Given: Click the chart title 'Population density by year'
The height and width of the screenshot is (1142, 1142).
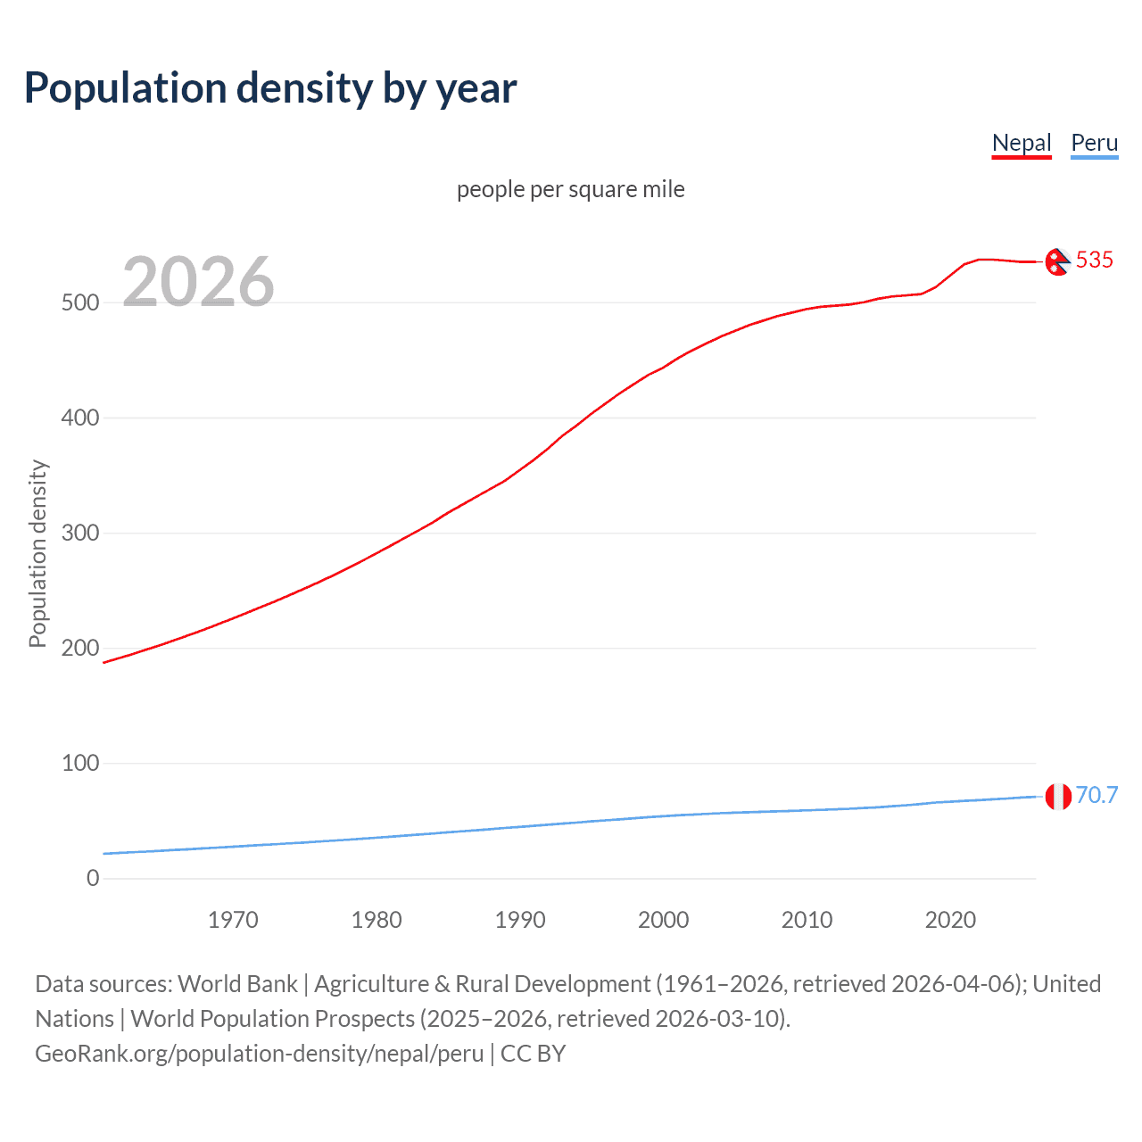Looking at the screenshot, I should click(270, 88).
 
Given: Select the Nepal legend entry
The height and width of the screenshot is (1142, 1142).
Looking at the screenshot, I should click(1022, 143).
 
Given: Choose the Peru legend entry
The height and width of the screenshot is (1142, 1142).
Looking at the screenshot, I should click(1094, 143).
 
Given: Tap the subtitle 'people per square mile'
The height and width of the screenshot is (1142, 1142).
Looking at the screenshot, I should click(570, 189).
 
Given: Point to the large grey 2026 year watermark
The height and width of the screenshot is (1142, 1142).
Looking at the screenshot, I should click(198, 282).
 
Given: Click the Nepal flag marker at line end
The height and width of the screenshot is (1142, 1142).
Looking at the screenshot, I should click(1057, 262).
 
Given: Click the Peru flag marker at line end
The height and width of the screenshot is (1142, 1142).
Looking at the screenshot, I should click(1058, 796).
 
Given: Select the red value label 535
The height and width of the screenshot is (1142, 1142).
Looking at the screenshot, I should click(1094, 260).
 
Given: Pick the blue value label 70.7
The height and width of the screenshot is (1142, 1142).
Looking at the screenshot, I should click(1096, 795).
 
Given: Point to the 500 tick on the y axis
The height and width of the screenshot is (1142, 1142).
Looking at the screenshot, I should click(80, 302).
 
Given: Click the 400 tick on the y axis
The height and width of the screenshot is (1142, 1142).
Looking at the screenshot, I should click(80, 418).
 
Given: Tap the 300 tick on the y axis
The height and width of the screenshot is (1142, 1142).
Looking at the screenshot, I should click(80, 533).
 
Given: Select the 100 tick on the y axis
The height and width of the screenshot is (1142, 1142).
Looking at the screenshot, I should click(80, 763).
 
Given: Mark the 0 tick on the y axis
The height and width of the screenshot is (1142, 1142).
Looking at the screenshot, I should click(93, 878).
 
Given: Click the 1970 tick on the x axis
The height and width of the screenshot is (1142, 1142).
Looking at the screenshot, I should click(233, 920).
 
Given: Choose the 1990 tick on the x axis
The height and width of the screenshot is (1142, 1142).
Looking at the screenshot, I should click(520, 920).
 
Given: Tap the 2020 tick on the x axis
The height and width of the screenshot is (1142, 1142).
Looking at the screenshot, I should click(950, 920).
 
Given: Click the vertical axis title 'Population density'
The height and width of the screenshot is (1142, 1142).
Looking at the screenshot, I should click(37, 553).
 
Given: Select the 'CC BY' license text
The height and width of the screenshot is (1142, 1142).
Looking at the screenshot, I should click(533, 1054).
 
